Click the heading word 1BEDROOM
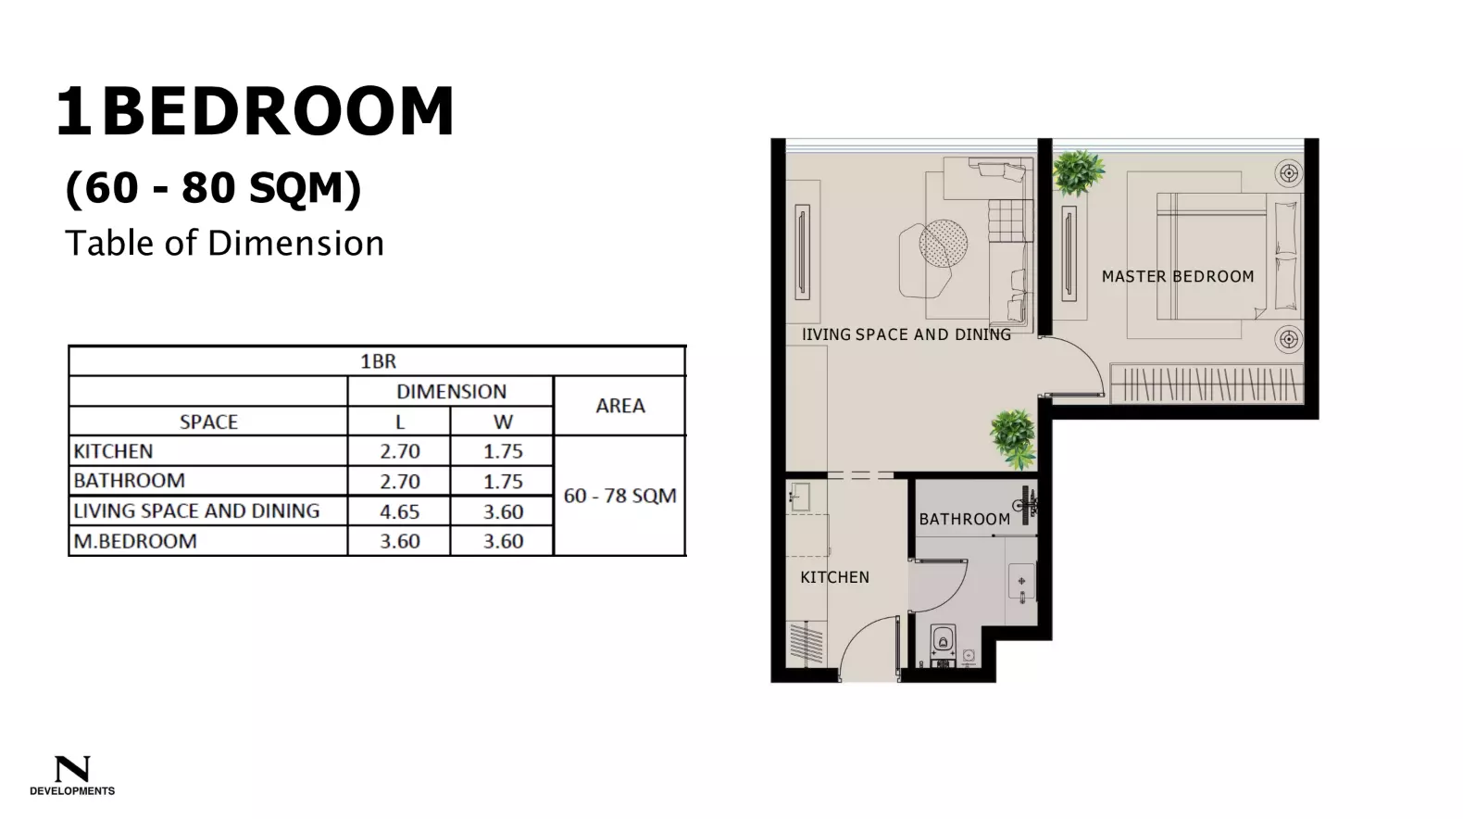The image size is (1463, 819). coord(256,112)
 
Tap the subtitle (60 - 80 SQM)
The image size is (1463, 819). coord(214,188)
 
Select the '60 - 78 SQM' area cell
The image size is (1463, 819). coord(619,496)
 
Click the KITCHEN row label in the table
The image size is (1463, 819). coord(114,451)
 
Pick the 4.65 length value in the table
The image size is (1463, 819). coord(399,511)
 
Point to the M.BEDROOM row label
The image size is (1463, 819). coord(135,541)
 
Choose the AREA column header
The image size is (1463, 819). coord(619,406)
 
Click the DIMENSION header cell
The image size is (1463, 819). coord(451,391)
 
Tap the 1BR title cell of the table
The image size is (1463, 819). coord(378,361)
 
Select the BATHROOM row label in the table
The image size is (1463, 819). coord(130,481)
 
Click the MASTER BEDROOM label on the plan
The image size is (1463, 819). coord(1177,276)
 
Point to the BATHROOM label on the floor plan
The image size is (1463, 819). coord(964,519)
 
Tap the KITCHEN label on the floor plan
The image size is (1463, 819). coord(834,577)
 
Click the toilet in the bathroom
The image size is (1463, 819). coord(943,640)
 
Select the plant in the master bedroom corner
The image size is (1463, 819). coord(1078,171)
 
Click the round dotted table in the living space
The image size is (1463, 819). coord(943,243)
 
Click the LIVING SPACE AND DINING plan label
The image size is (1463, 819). coord(907,334)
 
